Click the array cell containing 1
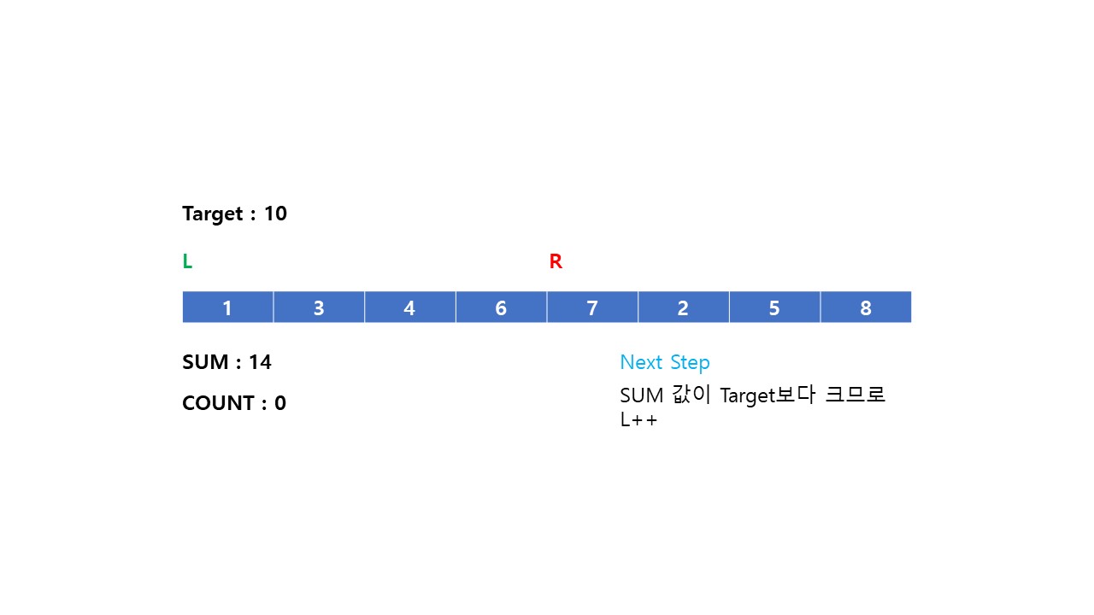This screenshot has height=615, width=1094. tap(227, 307)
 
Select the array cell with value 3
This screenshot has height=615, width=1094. tap(319, 307)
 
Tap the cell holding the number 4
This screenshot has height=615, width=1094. tap(409, 307)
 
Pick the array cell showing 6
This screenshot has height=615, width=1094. tap(501, 307)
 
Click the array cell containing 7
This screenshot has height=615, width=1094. tap(592, 307)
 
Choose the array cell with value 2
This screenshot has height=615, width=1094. tap(683, 307)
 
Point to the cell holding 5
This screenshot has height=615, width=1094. tap(774, 307)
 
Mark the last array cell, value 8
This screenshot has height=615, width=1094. tap(866, 307)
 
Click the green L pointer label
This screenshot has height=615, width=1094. tap(187, 262)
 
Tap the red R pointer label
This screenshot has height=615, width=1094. tap(556, 262)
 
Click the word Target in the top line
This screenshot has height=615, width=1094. tap(213, 214)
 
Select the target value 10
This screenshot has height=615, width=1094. tap(275, 214)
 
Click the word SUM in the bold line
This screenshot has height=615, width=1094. tap(206, 362)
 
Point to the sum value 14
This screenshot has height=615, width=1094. tap(260, 362)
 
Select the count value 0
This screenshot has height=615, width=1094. tap(280, 403)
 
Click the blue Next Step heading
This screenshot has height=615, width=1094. tap(665, 362)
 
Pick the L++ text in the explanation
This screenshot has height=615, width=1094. tap(639, 420)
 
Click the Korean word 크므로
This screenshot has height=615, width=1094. tap(855, 395)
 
